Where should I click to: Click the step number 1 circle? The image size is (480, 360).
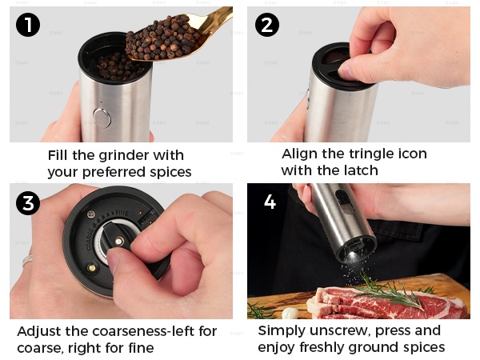[x=28, y=25]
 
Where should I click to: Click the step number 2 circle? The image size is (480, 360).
[x=267, y=25]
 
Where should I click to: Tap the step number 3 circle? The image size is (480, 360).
[x=28, y=203]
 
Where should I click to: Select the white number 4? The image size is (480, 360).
[x=270, y=202]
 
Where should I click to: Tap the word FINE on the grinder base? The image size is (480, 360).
[x=122, y=213]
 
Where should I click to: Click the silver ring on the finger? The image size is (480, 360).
[x=27, y=259]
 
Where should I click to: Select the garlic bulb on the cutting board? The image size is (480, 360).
[x=290, y=313]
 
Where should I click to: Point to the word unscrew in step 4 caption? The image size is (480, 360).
[x=340, y=330]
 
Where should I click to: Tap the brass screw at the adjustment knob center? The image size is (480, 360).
[x=119, y=242]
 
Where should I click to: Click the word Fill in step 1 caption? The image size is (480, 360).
[x=58, y=155]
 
